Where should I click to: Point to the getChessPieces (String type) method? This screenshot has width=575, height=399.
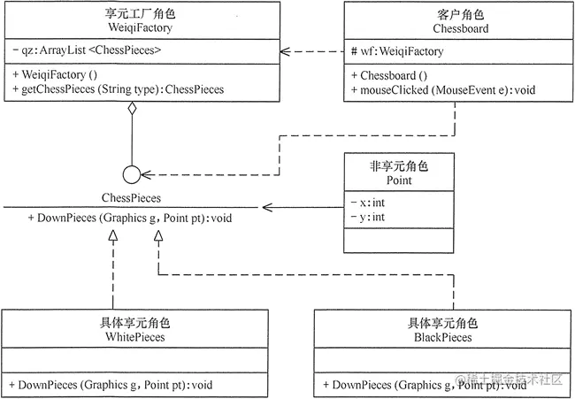[119, 89]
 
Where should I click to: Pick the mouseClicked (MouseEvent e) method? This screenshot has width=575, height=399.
[442, 89]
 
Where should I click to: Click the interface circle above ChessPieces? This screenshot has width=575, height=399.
[131, 173]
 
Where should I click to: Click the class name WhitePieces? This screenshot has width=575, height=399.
[135, 337]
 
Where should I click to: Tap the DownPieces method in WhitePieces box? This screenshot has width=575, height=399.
[111, 385]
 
